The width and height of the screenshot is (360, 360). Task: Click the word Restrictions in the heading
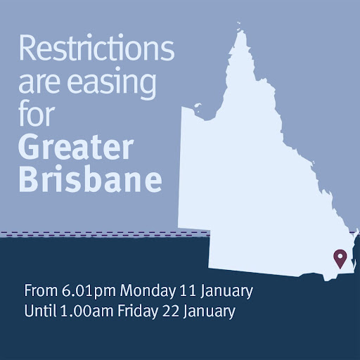[x=96, y=48]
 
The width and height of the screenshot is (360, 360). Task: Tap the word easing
[x=112, y=82]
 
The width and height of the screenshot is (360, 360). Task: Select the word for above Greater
[x=37, y=113]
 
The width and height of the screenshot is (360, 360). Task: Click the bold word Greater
[x=76, y=147]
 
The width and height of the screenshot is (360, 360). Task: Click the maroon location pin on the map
[x=340, y=259]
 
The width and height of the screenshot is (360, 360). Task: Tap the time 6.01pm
[x=89, y=292]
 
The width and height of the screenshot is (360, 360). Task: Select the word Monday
[x=148, y=292]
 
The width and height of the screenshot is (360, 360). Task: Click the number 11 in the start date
[x=188, y=290]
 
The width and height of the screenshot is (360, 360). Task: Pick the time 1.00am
[x=87, y=311]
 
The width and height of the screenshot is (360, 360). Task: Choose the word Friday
[x=138, y=311]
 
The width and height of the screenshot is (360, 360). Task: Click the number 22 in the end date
[x=170, y=311]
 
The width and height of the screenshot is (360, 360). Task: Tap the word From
[x=41, y=290]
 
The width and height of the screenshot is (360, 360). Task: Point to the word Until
[x=40, y=311]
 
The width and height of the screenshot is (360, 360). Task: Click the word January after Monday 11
[x=226, y=292]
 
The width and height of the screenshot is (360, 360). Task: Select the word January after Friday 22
[x=210, y=311]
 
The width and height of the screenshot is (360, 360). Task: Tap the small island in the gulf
[x=198, y=106]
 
